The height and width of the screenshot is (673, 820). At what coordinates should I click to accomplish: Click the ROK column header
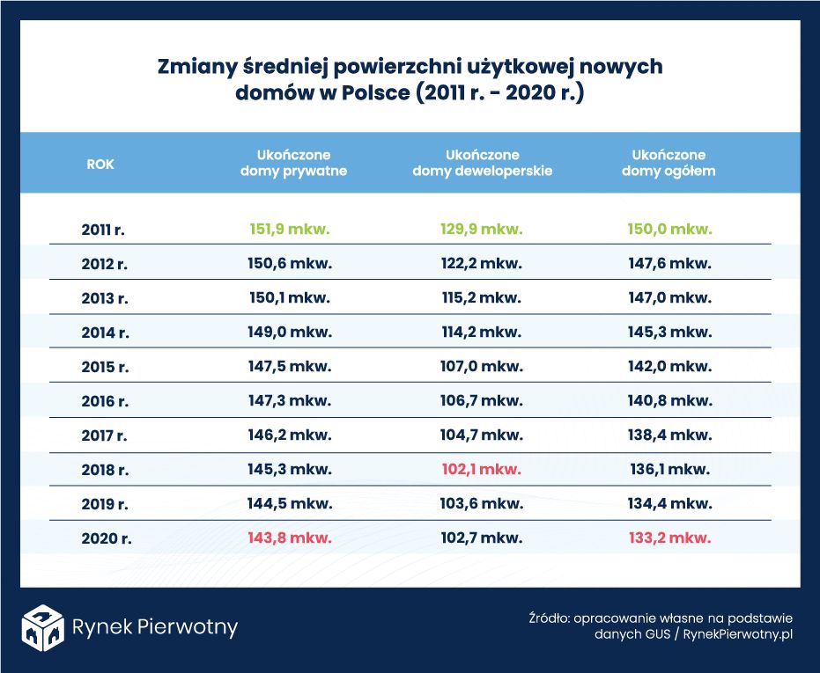[100, 164]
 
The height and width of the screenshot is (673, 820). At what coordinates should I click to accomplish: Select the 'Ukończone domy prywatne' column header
[293, 163]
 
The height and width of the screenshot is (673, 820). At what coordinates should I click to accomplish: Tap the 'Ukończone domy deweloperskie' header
[482, 163]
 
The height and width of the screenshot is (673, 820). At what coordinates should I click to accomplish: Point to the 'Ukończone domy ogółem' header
[669, 163]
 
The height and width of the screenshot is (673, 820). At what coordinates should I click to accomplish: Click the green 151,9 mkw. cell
[290, 229]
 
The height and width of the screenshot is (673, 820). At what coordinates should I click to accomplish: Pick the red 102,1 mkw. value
[481, 469]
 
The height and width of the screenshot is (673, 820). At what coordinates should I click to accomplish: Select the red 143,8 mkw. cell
[290, 538]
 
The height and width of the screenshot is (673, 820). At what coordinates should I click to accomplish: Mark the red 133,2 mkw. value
[669, 538]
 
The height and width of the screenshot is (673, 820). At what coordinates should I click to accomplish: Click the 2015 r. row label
[105, 367]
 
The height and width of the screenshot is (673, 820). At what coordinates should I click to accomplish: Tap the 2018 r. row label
[105, 470]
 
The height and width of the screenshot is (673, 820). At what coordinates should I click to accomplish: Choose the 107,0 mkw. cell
[481, 366]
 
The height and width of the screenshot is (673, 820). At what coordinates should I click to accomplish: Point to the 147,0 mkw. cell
[669, 297]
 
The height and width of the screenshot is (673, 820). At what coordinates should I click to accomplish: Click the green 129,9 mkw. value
[481, 229]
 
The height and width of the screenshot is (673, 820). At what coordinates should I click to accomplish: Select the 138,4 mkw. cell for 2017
[669, 435]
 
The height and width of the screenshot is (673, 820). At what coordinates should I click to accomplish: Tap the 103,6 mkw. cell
[481, 503]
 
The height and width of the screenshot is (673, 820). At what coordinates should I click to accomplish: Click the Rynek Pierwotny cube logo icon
[43, 627]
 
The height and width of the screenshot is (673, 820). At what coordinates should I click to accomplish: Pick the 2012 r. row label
[105, 264]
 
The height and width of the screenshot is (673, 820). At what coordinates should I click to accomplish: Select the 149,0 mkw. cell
[290, 332]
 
